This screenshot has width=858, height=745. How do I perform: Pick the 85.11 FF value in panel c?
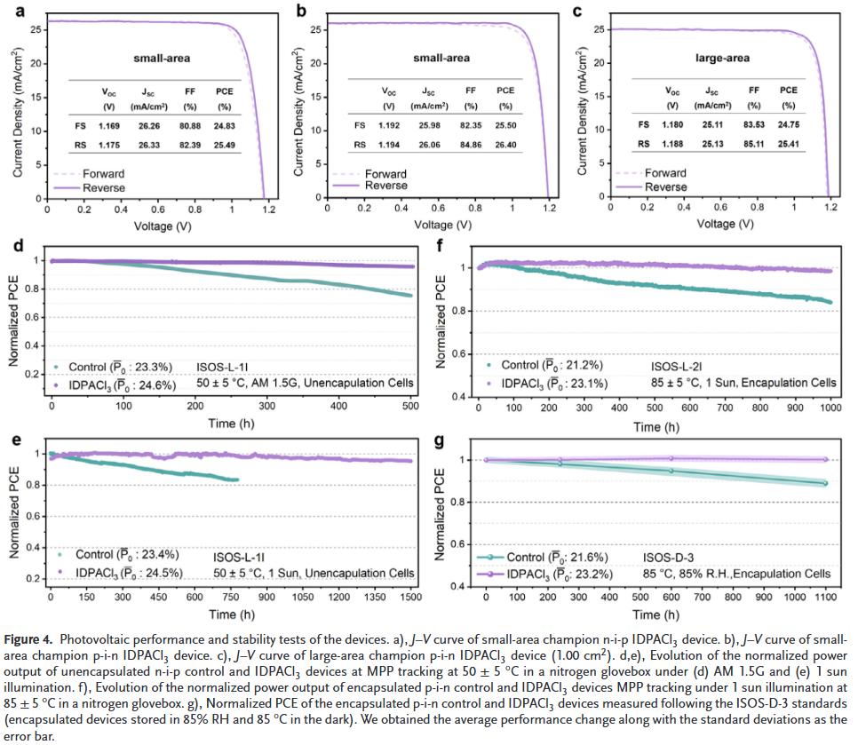click(754, 144)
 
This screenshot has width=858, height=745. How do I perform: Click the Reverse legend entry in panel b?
click(386, 186)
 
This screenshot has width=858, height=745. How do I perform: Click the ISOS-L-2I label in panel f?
click(677, 365)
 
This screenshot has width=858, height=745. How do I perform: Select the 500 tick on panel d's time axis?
click(411, 406)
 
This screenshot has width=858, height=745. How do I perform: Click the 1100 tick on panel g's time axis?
click(825, 599)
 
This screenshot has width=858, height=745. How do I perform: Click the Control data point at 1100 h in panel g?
click(825, 483)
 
